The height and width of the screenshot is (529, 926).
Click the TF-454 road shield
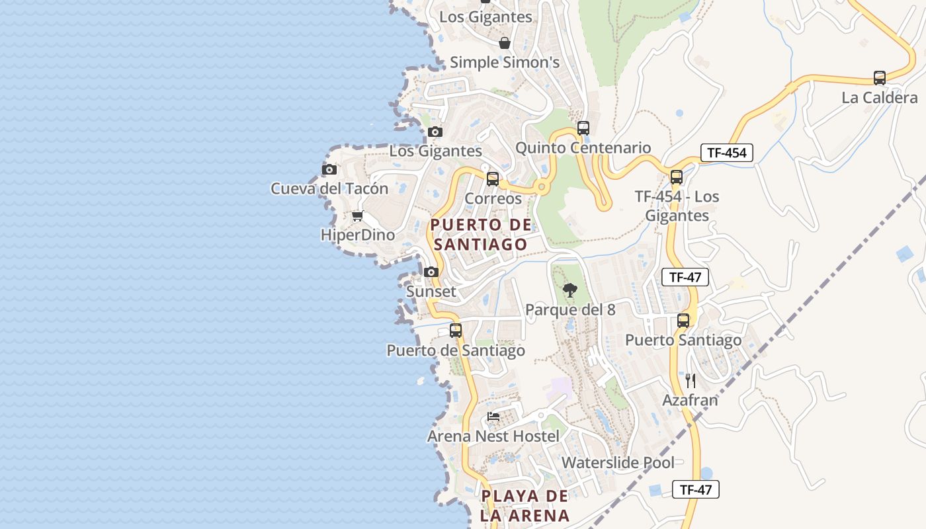coord(726,153)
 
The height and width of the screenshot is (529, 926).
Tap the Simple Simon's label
coord(505,63)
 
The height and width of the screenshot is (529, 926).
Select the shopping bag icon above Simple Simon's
coord(505,44)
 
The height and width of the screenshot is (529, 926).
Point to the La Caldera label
coord(879,98)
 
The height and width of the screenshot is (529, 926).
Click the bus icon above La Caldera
coord(879,78)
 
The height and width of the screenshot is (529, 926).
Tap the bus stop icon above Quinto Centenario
coord(583,128)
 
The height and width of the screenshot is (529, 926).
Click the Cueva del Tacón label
coord(329,189)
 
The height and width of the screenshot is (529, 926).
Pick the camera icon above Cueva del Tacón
coord(329,170)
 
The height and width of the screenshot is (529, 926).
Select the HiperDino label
coord(357,235)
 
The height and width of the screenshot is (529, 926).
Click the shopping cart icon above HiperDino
coord(357,216)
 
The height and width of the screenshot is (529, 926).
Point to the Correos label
coord(493,198)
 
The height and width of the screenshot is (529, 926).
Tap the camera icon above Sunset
coord(431,272)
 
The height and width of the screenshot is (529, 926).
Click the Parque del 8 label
coord(569,310)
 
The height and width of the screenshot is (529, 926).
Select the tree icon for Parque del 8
coord(569,290)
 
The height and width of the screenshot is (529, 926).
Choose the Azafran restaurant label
coord(690,401)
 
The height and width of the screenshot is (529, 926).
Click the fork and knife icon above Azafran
coord(690,381)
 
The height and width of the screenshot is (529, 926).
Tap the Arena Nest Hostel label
coord(493,436)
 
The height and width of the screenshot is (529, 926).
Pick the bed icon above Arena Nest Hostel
coord(493,417)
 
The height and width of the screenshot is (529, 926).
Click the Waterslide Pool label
coord(618,463)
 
